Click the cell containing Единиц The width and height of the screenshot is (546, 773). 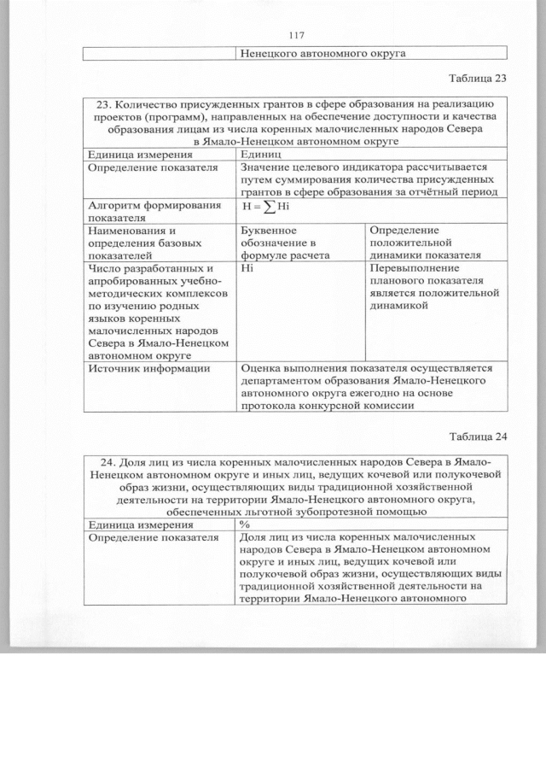(x=260, y=154)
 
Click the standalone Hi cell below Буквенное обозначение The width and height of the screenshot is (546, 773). (x=247, y=266)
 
